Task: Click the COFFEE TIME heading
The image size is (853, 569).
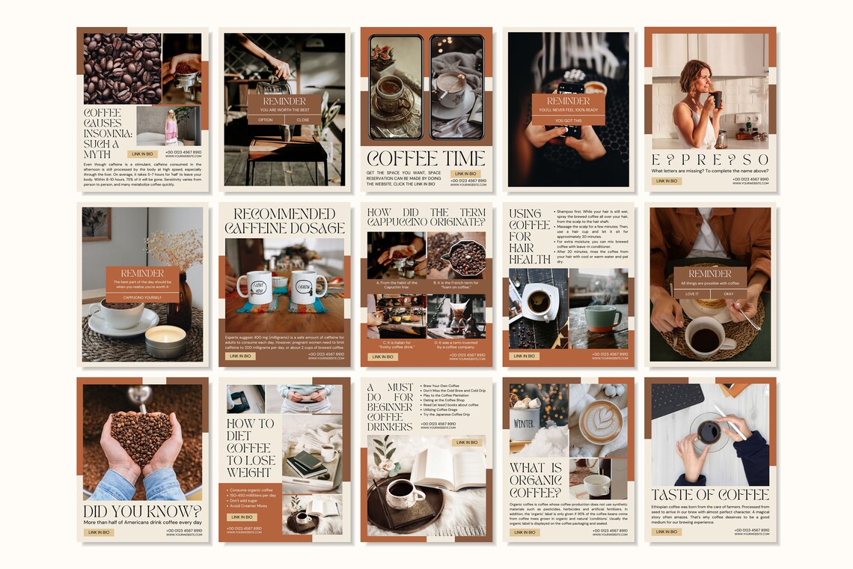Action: [x=426, y=159]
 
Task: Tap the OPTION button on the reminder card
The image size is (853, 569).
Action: [x=266, y=120]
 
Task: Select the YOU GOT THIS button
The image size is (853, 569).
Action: [x=568, y=120]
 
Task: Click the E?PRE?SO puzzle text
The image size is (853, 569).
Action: [x=710, y=159]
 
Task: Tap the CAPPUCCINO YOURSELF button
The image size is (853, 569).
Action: [x=142, y=297]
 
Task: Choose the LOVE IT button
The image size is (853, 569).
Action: [x=691, y=294]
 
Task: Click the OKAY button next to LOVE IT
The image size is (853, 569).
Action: [x=728, y=294]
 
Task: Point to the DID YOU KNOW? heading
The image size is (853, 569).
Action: [x=142, y=511]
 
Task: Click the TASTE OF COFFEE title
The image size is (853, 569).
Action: [x=710, y=495]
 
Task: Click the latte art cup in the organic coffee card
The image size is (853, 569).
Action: [x=599, y=422]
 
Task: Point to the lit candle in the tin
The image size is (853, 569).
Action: [x=165, y=341]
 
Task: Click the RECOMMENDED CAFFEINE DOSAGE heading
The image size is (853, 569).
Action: [x=284, y=221]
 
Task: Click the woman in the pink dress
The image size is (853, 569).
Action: [x=171, y=126]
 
